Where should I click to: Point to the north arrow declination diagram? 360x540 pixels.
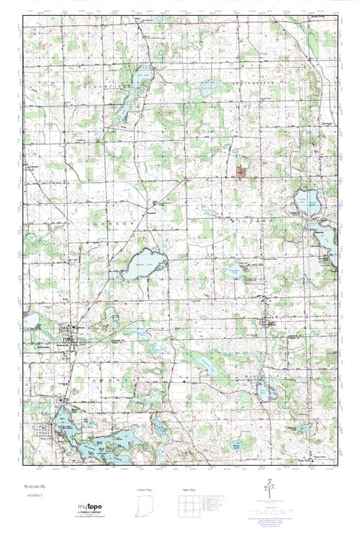coord(270,489)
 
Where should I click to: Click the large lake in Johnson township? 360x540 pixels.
coord(146,262)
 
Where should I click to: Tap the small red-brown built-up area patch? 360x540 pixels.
coord(240,171)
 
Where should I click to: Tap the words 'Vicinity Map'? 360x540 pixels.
coord(145,490)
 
